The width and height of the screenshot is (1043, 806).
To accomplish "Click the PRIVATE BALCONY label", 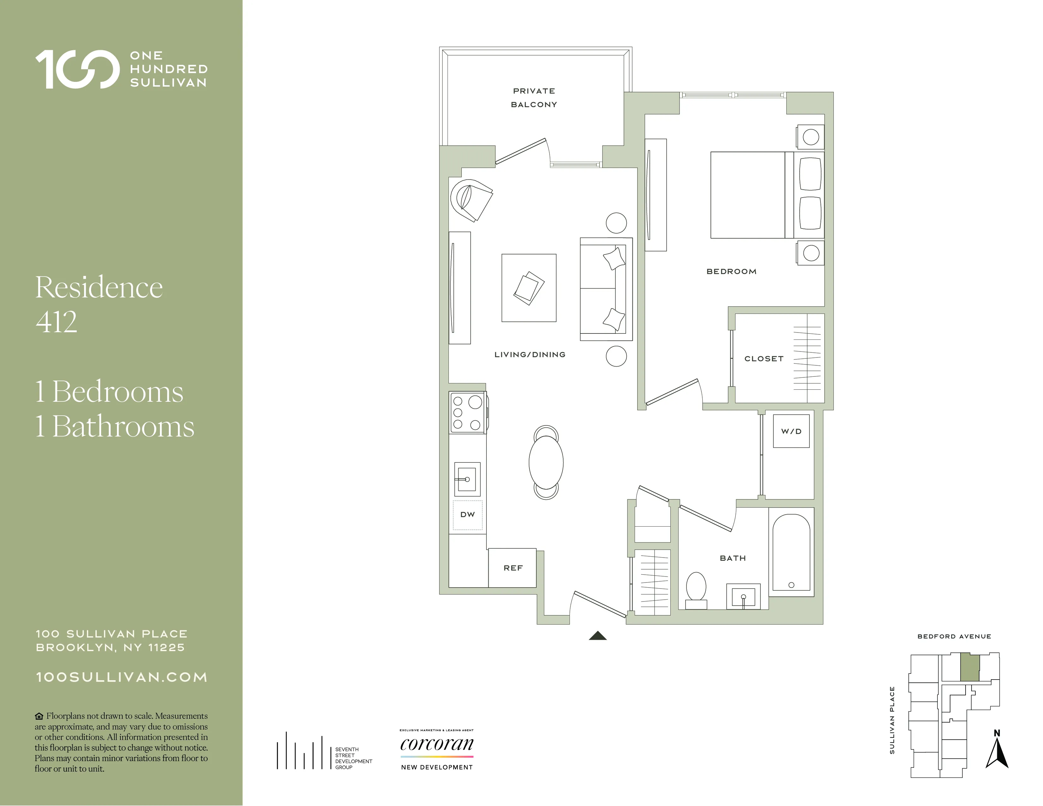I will coord(534,97).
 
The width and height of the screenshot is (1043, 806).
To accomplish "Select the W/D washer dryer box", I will coord(791,431).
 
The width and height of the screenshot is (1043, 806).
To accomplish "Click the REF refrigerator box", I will coord(512,568).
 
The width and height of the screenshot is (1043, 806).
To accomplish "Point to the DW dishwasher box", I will coord(467,515).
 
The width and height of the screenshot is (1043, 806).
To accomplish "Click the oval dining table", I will coord(546,462).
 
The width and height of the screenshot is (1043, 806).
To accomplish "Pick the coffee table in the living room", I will coord(529,288).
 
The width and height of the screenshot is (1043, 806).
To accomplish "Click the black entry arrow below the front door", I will coord(597,636).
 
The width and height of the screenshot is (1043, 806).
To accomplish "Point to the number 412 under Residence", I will coord(56,322).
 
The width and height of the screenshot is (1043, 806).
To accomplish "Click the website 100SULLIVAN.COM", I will coord(122,677).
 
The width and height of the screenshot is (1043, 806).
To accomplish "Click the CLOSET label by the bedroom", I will coord(764,359).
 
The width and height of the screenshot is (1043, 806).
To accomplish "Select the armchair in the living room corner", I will coord(470,200).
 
